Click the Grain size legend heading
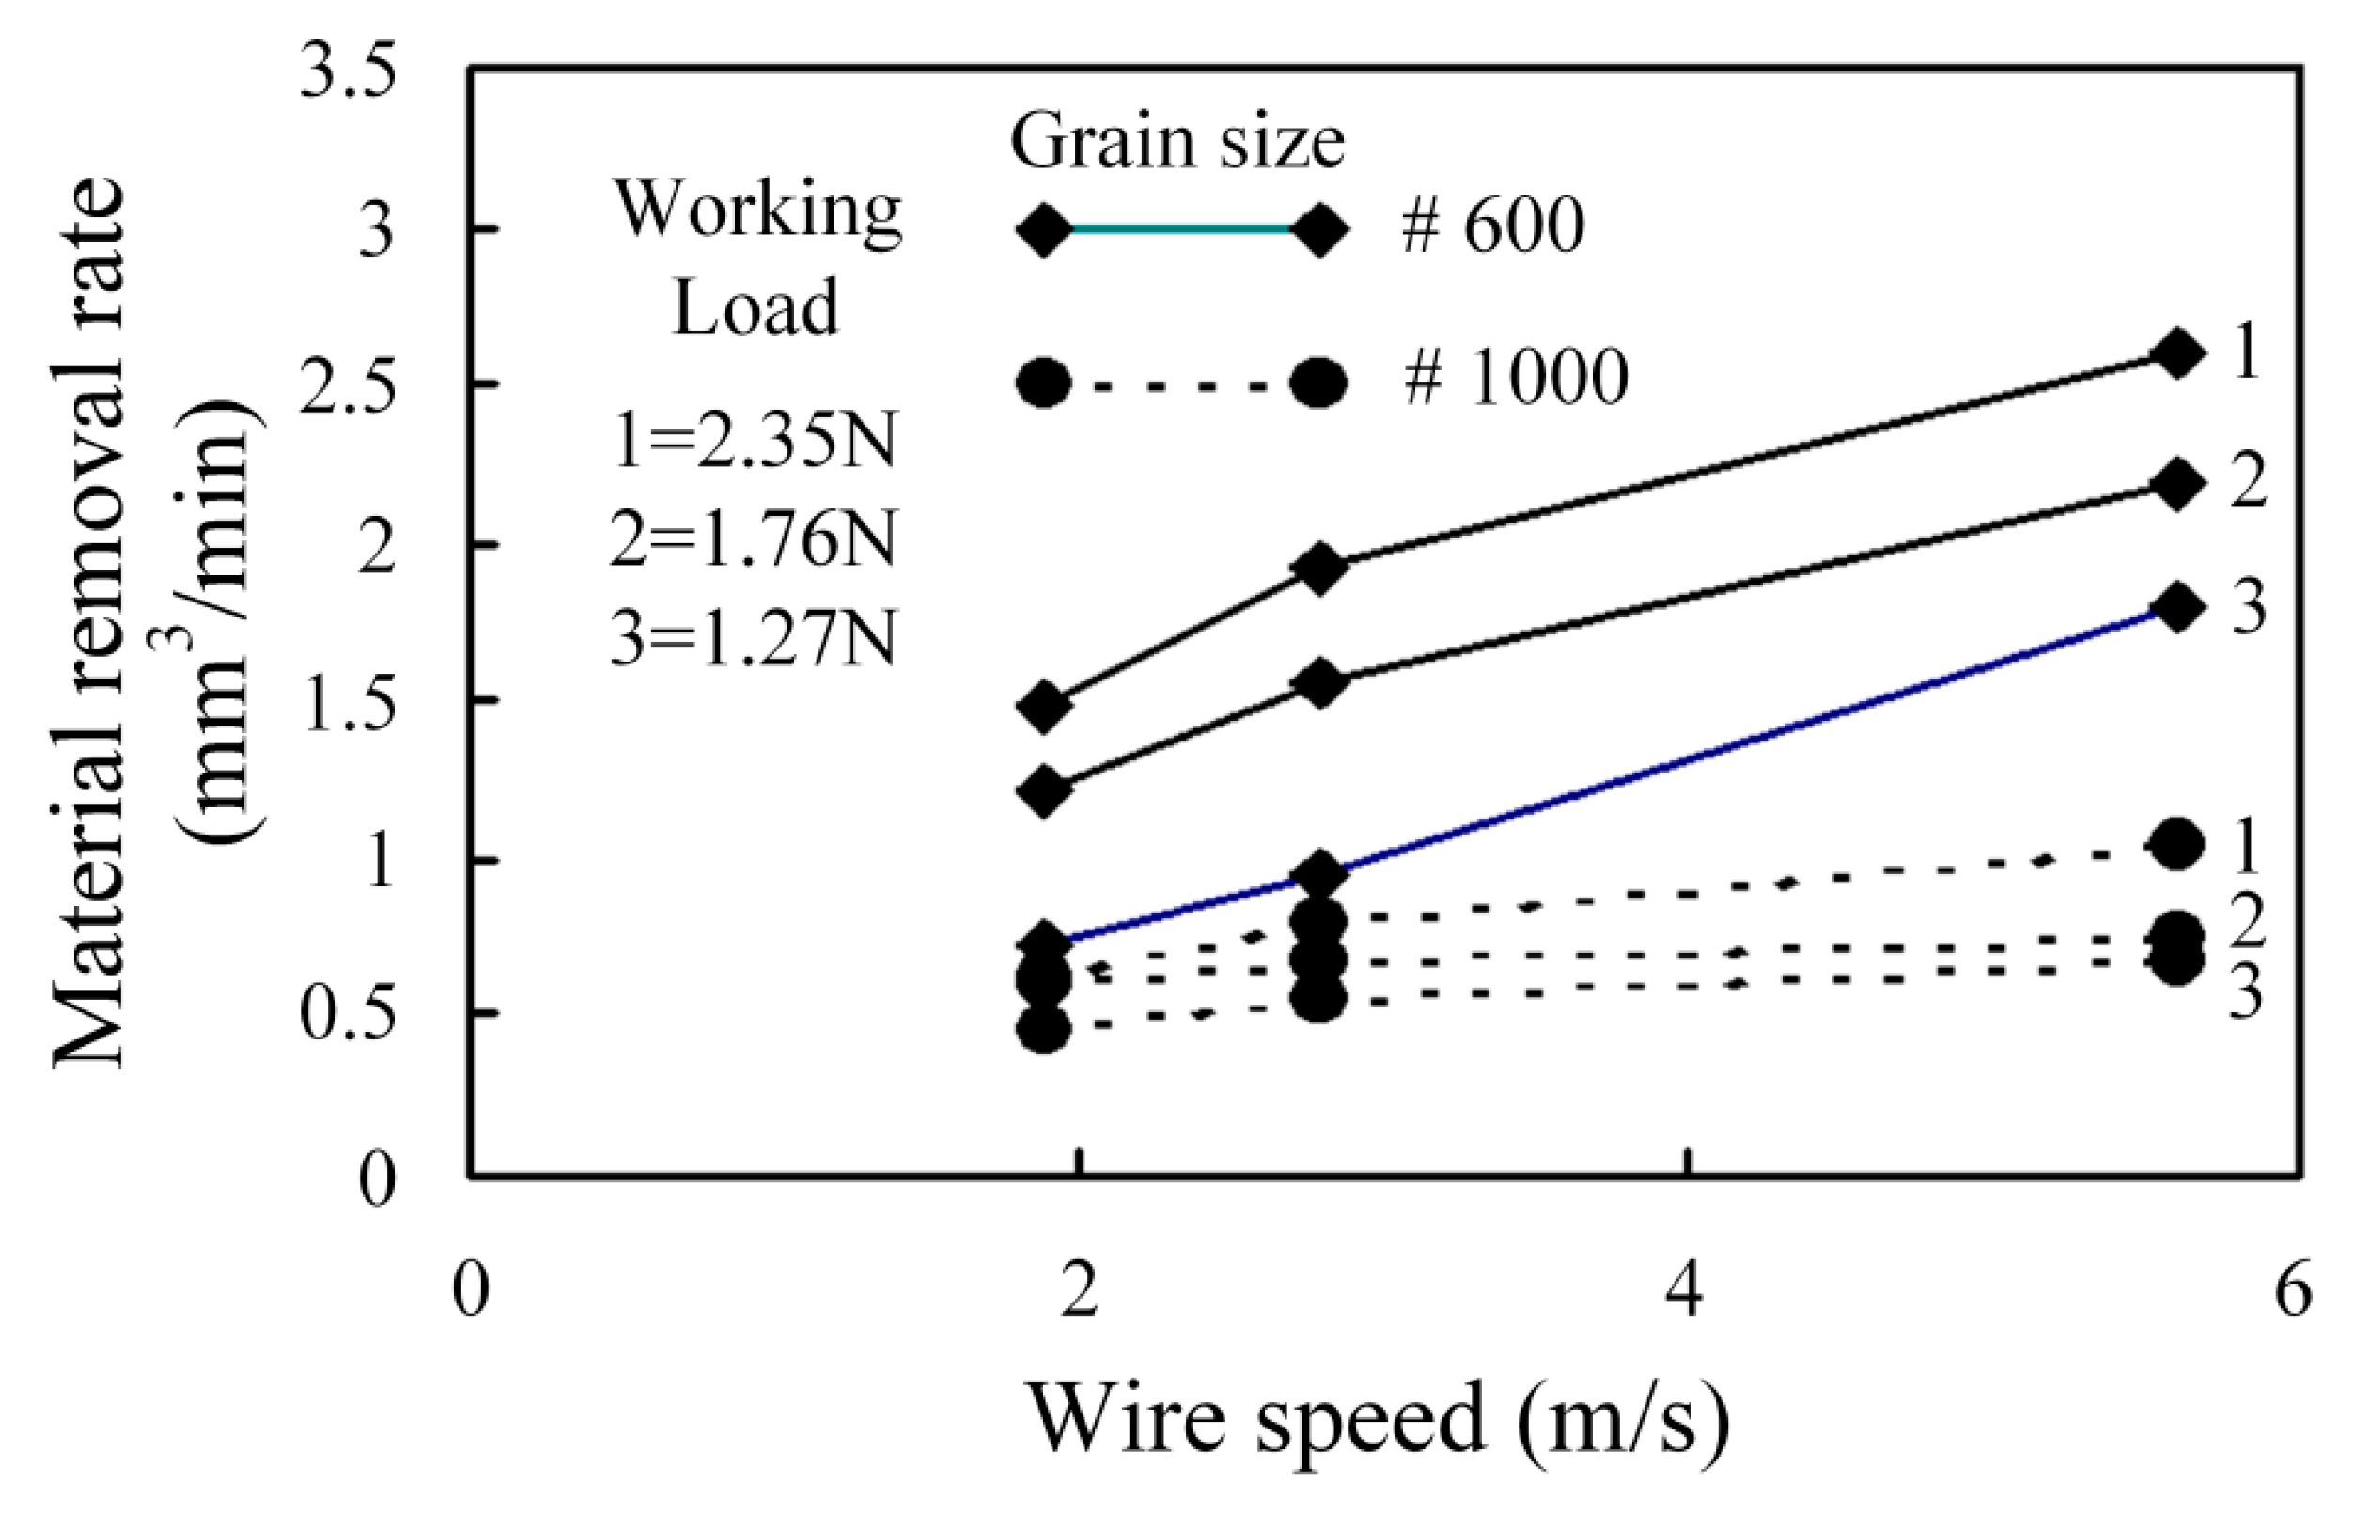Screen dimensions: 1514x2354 coord(1177,144)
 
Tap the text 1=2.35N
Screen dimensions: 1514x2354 coord(754,442)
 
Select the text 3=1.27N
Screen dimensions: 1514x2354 coord(754,639)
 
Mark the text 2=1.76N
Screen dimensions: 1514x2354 coord(754,539)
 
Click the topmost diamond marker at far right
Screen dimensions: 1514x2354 coord(2177,354)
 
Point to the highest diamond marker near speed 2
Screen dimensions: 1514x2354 coord(1044,706)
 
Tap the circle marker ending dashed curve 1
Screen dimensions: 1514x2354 coord(2177,844)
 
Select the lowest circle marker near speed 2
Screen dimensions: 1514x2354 coord(1044,1029)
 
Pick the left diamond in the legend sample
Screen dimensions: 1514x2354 coord(1044,230)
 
